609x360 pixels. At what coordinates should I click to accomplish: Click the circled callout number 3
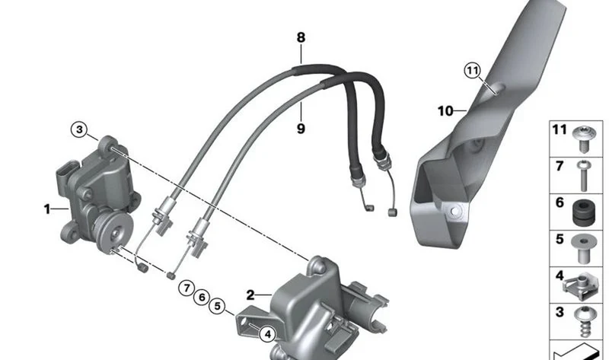(x=79, y=129)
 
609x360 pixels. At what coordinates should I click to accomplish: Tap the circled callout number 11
(x=472, y=71)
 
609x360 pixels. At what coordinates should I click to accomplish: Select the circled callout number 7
(x=187, y=288)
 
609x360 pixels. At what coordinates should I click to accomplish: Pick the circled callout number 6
(x=202, y=298)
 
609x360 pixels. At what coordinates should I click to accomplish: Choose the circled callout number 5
(x=217, y=306)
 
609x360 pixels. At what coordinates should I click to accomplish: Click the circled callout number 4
(x=268, y=334)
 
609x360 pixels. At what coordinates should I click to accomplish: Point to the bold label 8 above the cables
(x=301, y=37)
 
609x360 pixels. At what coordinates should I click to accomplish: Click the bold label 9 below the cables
(x=301, y=129)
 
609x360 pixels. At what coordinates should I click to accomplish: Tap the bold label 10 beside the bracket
(x=445, y=111)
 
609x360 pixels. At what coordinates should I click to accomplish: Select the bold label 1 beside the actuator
(x=47, y=209)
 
